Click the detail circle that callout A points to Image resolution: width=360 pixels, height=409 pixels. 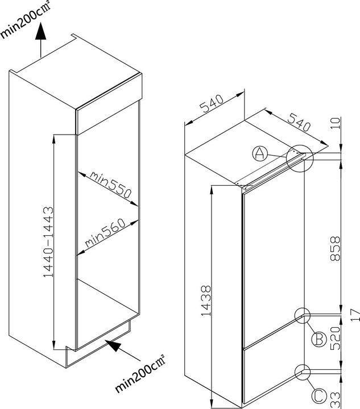point(300,158)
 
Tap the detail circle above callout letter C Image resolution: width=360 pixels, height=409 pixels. point(303,373)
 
